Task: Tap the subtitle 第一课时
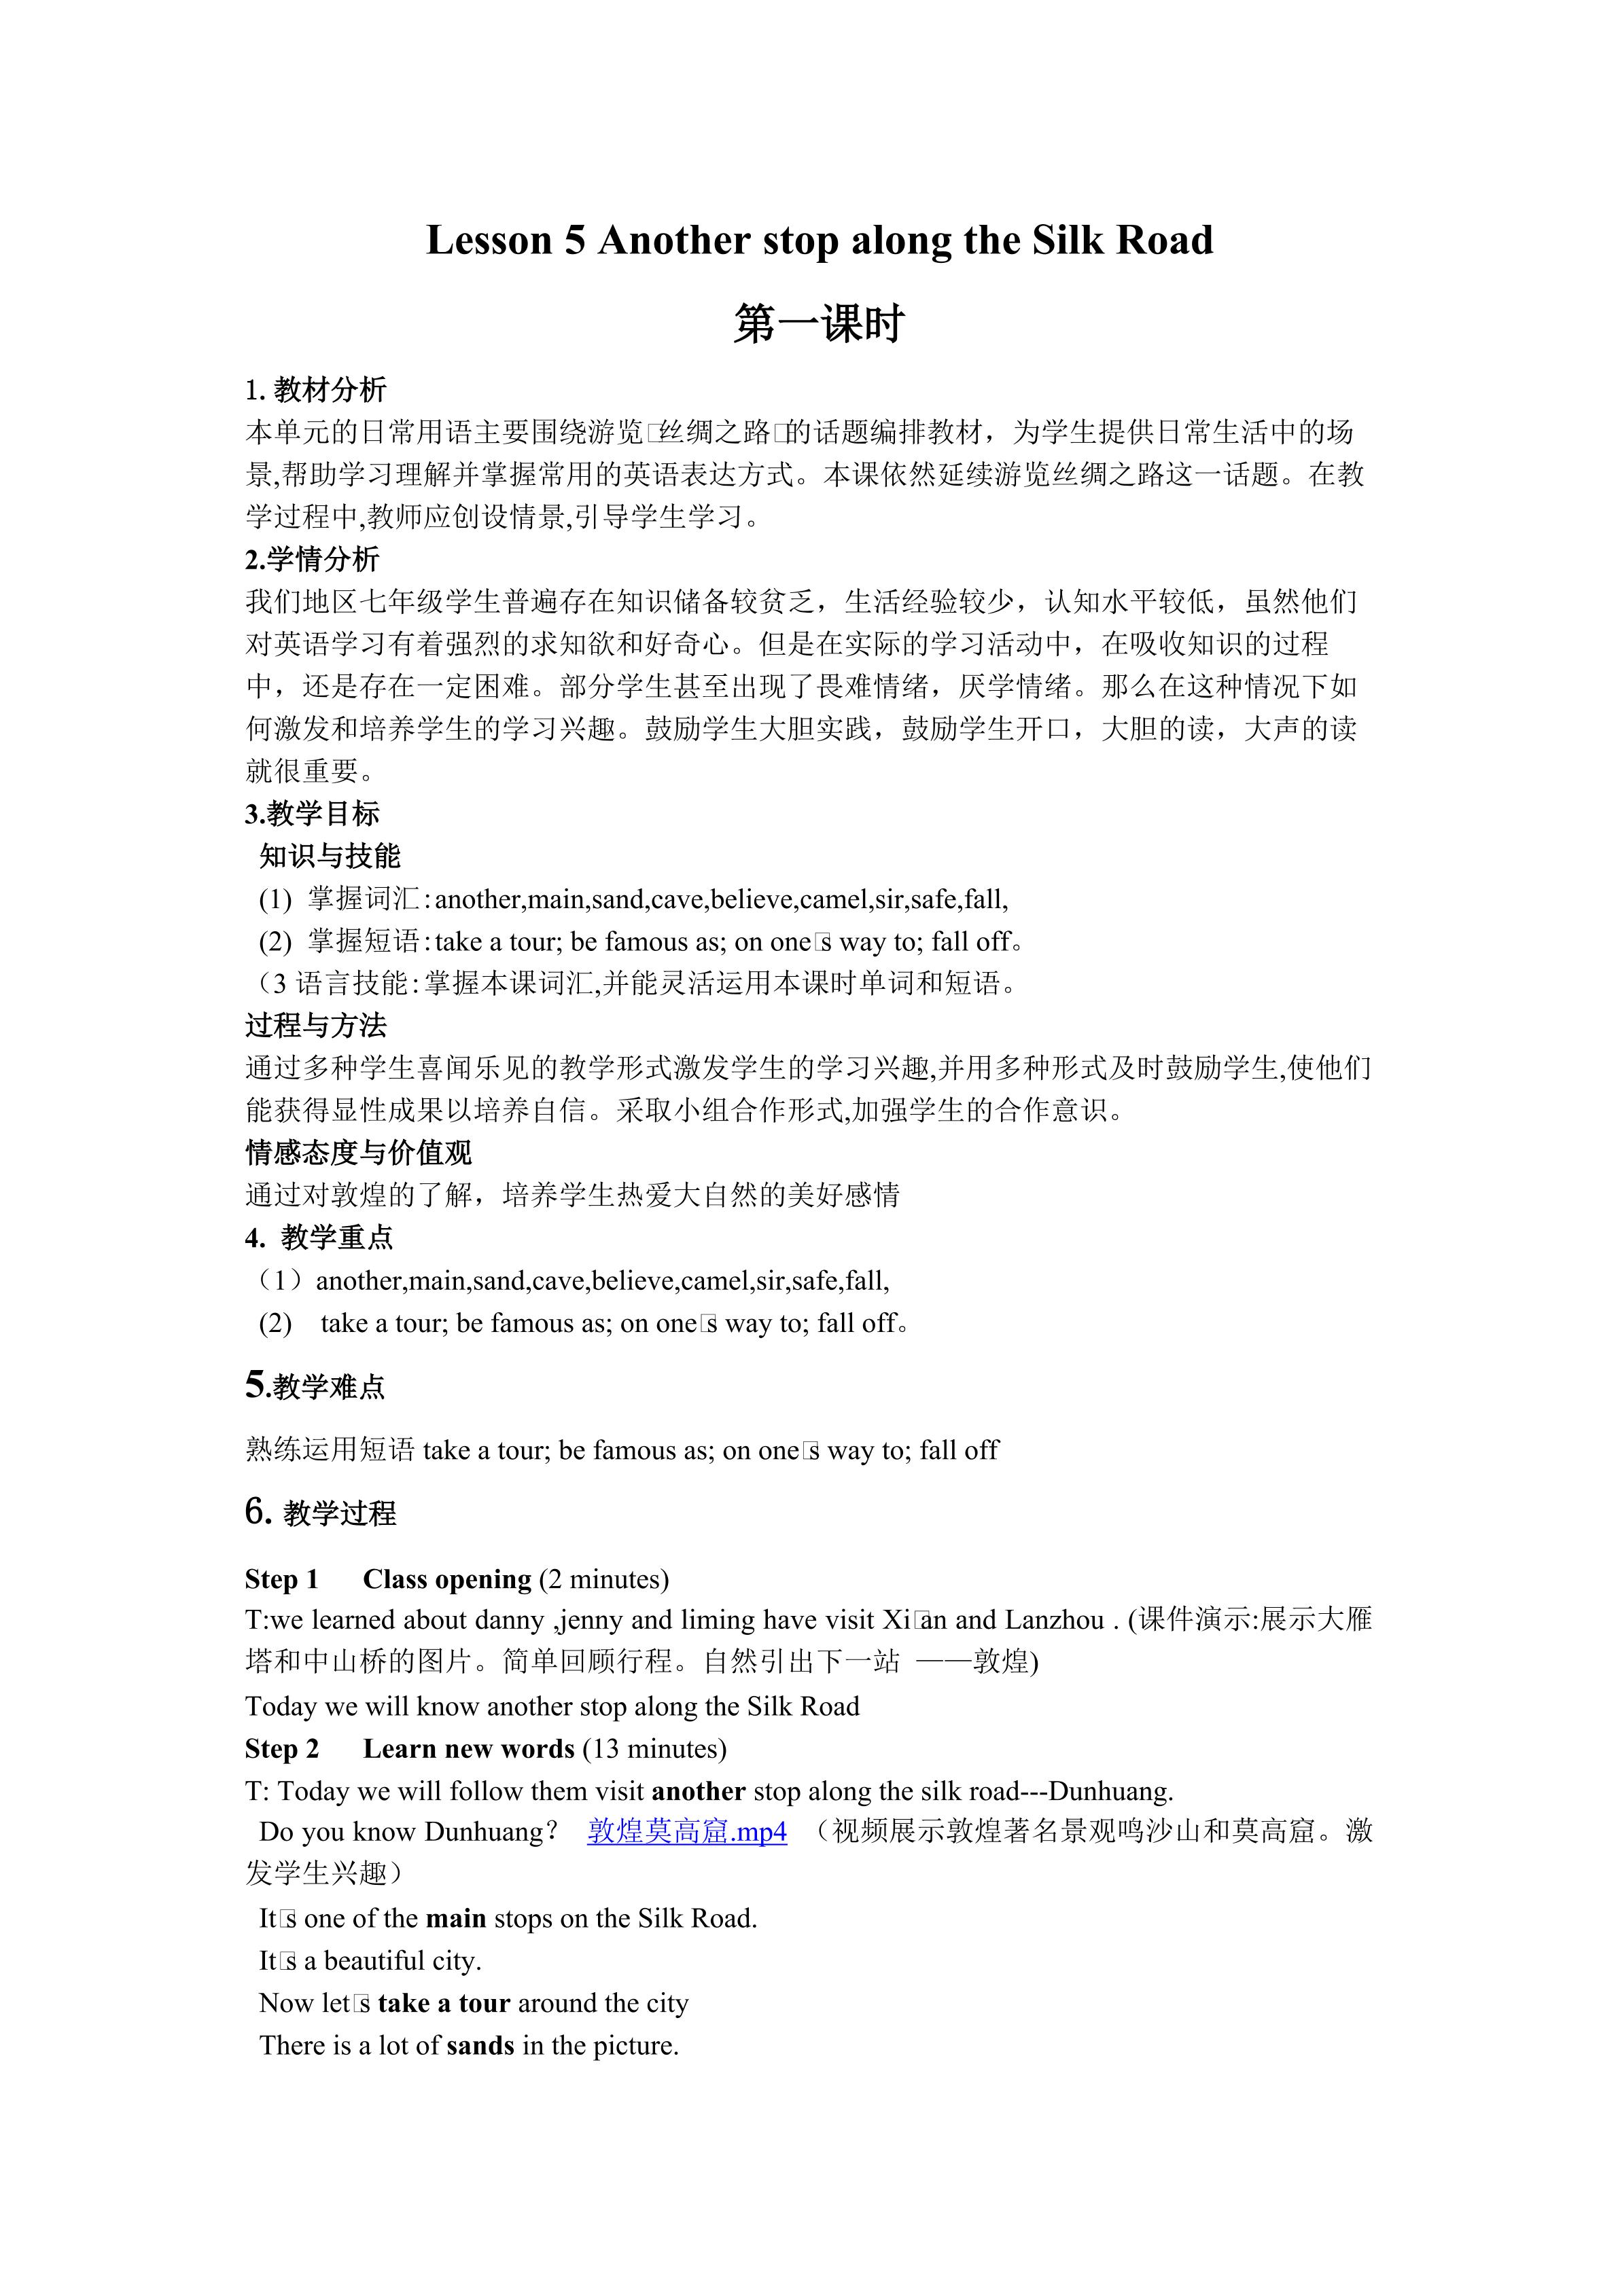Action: (x=818, y=325)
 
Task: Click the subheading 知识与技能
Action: (x=330, y=856)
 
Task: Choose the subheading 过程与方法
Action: (x=316, y=1025)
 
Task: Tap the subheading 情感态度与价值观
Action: (x=359, y=1153)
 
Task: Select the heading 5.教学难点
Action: (x=315, y=1386)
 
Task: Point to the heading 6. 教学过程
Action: (x=320, y=1513)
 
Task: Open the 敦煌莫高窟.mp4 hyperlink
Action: (x=686, y=1831)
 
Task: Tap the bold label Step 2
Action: (x=282, y=1748)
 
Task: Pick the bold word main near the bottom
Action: (x=455, y=1918)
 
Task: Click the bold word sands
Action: (x=480, y=2045)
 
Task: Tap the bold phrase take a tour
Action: (x=443, y=2003)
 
